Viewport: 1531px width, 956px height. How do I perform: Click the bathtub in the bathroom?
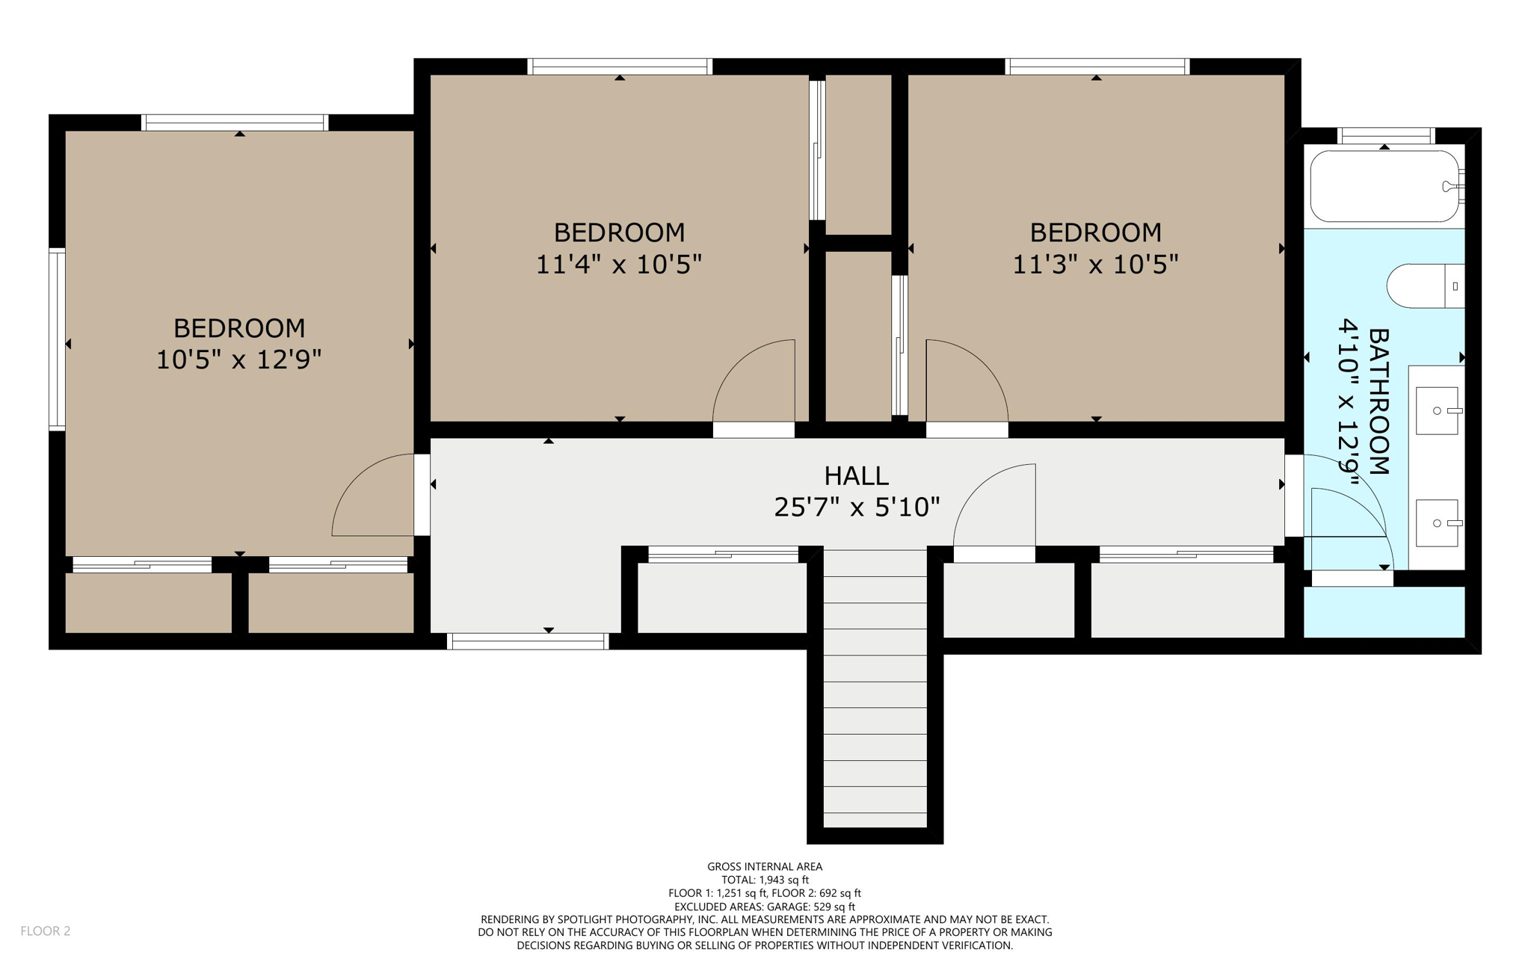tap(1384, 186)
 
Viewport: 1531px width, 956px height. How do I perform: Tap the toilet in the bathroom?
tap(1424, 286)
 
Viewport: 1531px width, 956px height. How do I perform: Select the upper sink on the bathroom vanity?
tap(1437, 410)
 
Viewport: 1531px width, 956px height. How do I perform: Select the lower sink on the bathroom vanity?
tap(1437, 523)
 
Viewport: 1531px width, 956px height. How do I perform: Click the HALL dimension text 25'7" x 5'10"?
tap(857, 508)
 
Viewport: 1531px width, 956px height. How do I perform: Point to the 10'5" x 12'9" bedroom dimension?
tap(238, 360)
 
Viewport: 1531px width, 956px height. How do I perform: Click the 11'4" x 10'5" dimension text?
tap(619, 265)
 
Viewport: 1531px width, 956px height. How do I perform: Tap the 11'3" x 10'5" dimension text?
tap(1095, 265)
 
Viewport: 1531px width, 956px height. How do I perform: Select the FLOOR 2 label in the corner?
tap(45, 931)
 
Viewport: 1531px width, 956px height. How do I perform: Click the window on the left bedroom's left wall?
tap(57, 339)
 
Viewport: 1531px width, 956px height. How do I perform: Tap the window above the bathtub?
tap(1384, 136)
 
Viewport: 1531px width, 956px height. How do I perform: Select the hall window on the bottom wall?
tap(528, 641)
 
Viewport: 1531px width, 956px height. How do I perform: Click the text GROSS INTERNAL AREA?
tap(765, 866)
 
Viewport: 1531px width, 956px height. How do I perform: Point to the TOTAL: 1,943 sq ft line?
tap(765, 880)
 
